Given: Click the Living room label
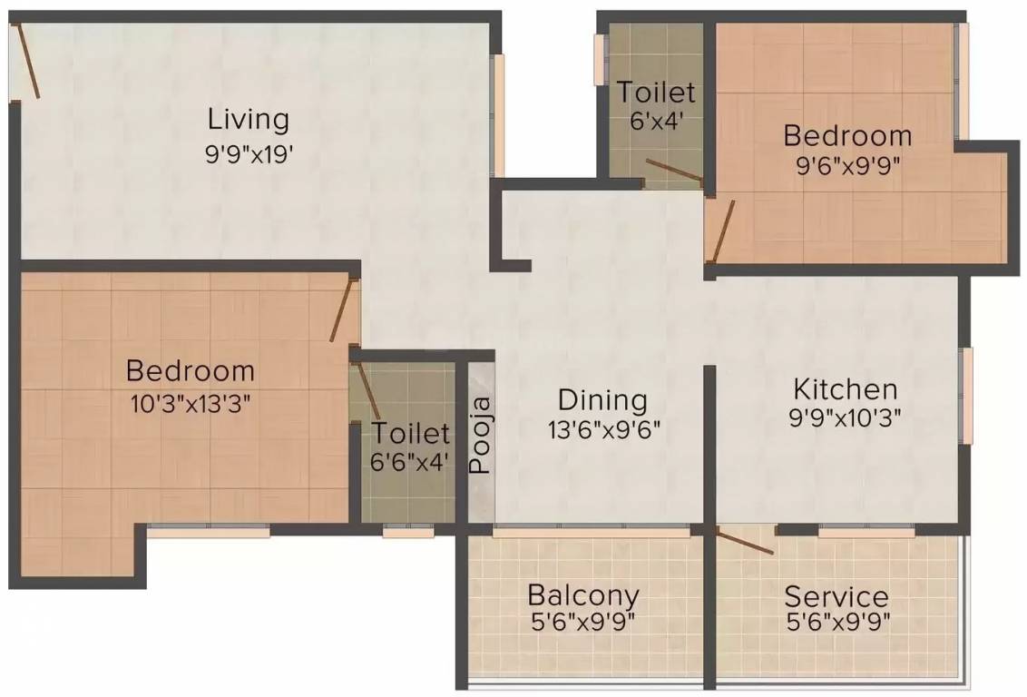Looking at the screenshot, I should click(248, 119).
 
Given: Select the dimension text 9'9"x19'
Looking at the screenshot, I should click(248, 152).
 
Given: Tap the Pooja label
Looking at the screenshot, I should click(481, 434).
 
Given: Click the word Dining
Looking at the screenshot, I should click(602, 399).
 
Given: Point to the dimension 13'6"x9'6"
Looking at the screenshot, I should click(602, 429).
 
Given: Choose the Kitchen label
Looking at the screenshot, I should click(845, 389).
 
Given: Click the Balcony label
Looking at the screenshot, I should click(582, 595).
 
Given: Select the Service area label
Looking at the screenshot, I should click(836, 596).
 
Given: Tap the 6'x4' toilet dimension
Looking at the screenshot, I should click(656, 120).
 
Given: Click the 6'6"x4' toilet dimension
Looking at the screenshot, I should click(410, 460).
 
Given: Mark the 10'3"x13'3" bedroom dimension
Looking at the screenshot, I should click(190, 402).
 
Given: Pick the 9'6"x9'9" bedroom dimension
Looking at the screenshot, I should click(846, 165).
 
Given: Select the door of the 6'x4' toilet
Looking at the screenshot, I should click(674, 170).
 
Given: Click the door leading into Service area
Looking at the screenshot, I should click(744, 540).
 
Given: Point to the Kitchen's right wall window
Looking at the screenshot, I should click(967, 396).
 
